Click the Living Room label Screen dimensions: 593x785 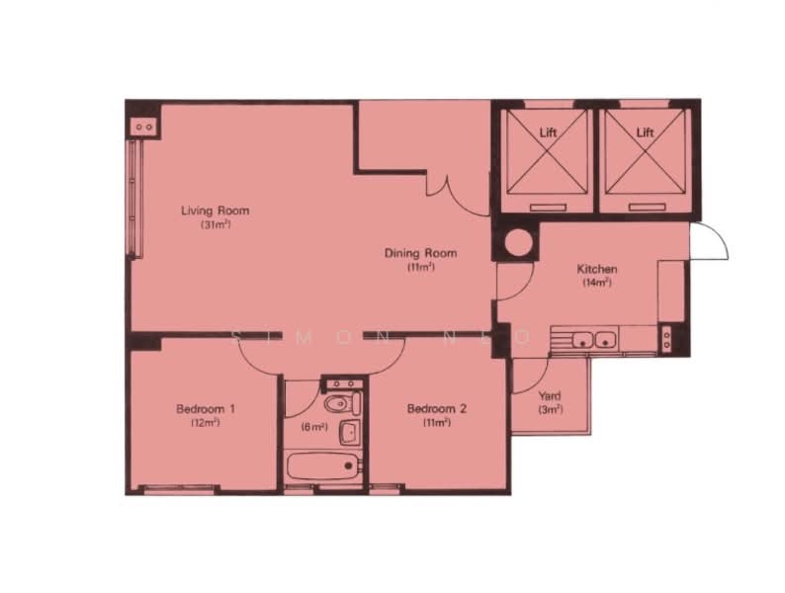pyautogui.click(x=215, y=211)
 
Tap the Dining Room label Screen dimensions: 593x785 pyautogui.click(x=421, y=253)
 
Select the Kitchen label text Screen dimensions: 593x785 pyautogui.click(x=597, y=269)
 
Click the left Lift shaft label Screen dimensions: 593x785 pyautogui.click(x=548, y=131)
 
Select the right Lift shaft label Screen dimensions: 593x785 pyautogui.click(x=645, y=131)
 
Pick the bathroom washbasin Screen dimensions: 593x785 pyautogui.click(x=348, y=432)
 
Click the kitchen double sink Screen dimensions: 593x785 pyautogui.click(x=595, y=341)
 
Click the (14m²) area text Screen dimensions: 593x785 pyautogui.click(x=597, y=282)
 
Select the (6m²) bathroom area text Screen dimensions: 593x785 pyautogui.click(x=314, y=427)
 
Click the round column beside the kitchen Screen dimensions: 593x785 pyautogui.click(x=515, y=243)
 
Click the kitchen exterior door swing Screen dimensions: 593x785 pyautogui.click(x=711, y=242)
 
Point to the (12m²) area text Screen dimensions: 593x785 pyautogui.click(x=205, y=422)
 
